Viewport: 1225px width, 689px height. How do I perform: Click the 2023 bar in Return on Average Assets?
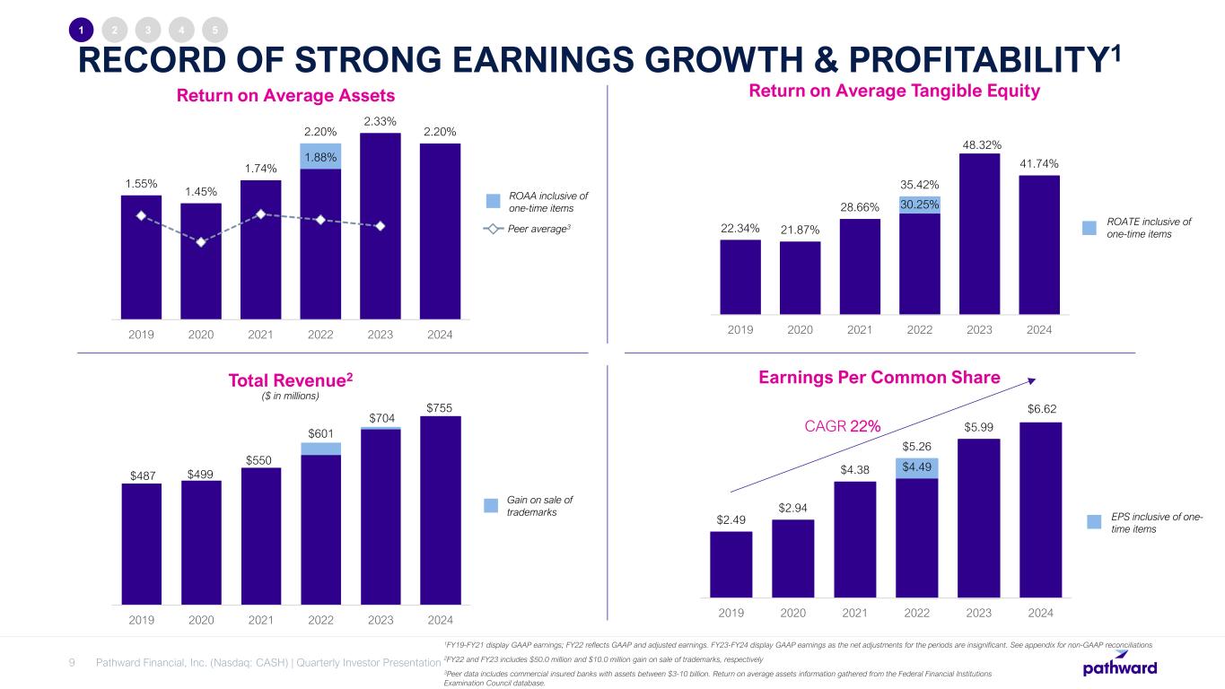click(380, 224)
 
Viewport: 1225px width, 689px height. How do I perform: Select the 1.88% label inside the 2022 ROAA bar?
click(320, 157)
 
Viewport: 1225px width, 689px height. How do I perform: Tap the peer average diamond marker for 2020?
click(201, 241)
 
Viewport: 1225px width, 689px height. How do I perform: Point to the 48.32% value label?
click(980, 144)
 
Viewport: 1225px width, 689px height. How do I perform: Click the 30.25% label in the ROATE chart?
click(920, 205)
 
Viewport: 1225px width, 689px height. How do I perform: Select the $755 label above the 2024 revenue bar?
click(440, 406)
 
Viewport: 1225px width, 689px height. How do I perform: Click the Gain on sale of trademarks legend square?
click(491, 505)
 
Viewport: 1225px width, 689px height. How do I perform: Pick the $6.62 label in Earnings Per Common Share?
click(1040, 410)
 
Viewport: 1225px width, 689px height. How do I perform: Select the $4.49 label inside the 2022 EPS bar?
click(916, 467)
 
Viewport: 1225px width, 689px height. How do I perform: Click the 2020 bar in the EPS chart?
click(792, 557)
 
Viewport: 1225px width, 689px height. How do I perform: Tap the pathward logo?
click(1119, 668)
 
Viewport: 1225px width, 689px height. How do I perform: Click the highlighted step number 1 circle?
click(81, 30)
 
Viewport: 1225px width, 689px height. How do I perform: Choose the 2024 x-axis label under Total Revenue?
click(440, 619)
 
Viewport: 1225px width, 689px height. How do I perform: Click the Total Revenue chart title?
click(291, 380)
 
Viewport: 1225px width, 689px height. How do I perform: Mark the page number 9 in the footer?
click(72, 663)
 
